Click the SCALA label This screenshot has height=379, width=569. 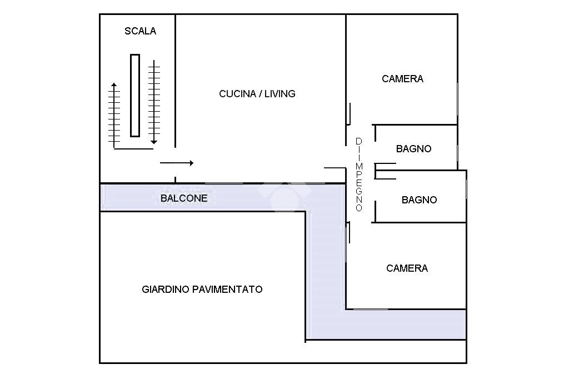(x=140, y=31)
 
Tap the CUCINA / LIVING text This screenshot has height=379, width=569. (x=257, y=94)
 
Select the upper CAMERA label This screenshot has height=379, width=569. (x=402, y=79)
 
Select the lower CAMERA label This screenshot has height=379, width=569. (x=407, y=268)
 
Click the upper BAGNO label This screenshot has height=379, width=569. (x=413, y=149)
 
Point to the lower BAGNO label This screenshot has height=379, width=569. (x=419, y=200)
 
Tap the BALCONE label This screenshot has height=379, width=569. (x=184, y=198)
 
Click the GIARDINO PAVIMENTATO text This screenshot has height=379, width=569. (x=202, y=290)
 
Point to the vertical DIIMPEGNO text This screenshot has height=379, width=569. (x=359, y=174)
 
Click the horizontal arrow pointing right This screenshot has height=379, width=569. (x=177, y=163)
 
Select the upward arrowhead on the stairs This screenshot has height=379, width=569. (x=114, y=86)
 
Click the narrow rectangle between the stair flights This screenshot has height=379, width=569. (x=134, y=95)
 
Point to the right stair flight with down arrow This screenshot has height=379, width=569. (x=154, y=103)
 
